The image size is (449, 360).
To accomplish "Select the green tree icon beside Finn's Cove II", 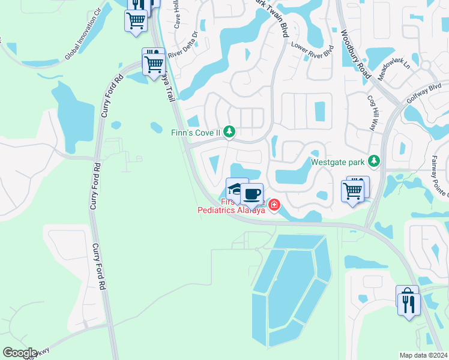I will coord(229,131).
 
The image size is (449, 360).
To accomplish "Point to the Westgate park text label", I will coord(337,161).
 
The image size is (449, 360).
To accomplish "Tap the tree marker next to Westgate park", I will coord(374,161).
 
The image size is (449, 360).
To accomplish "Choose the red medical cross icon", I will coord(274,206).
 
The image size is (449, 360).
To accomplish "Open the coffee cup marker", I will coord(253,194).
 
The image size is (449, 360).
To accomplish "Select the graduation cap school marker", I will coord(236,188).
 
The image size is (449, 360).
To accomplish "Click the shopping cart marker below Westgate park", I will coord(352,191).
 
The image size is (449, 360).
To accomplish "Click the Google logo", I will coord(20,353).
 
